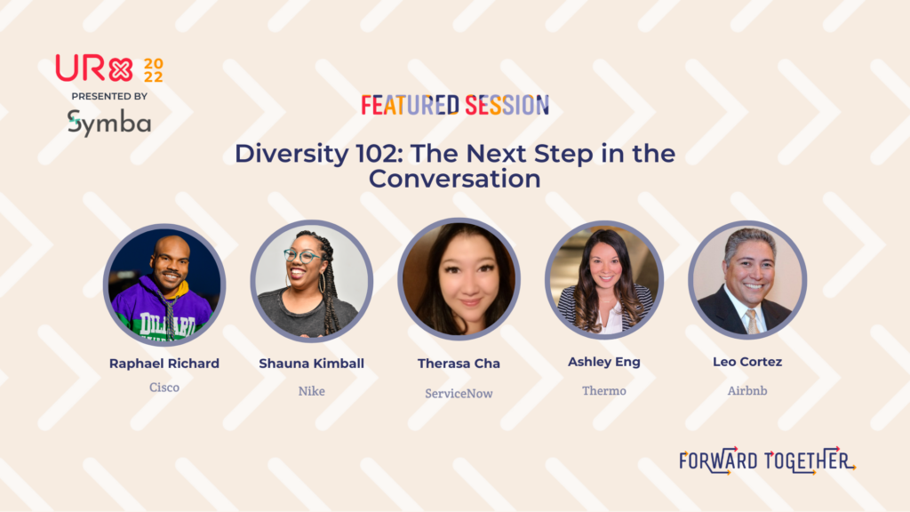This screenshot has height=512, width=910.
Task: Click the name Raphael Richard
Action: pos(164,364)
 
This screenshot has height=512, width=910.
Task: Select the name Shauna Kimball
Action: pos(312,364)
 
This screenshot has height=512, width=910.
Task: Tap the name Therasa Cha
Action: pos(459,364)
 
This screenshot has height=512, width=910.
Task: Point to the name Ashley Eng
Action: pos(604,363)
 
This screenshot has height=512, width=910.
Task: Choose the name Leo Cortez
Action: pos(747,362)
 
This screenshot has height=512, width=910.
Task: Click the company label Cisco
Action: pos(164,388)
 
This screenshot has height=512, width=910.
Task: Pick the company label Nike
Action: pos(312,391)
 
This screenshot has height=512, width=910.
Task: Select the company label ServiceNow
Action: pos(459,394)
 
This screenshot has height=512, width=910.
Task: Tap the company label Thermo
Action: pos(604,391)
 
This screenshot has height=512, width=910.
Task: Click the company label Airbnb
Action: pos(747,391)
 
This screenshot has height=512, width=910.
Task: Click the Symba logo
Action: pos(109,123)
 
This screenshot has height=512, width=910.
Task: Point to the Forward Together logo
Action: pos(767,461)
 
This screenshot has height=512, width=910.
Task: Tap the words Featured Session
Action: pos(455,105)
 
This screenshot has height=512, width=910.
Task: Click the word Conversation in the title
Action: pos(455,179)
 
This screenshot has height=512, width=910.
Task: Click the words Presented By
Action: pos(109,96)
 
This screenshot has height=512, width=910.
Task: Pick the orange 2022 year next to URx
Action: pos(154,70)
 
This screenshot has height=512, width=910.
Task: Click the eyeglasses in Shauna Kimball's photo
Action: pos(300,255)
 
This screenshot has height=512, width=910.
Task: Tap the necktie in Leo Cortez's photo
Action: pos(752,321)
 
